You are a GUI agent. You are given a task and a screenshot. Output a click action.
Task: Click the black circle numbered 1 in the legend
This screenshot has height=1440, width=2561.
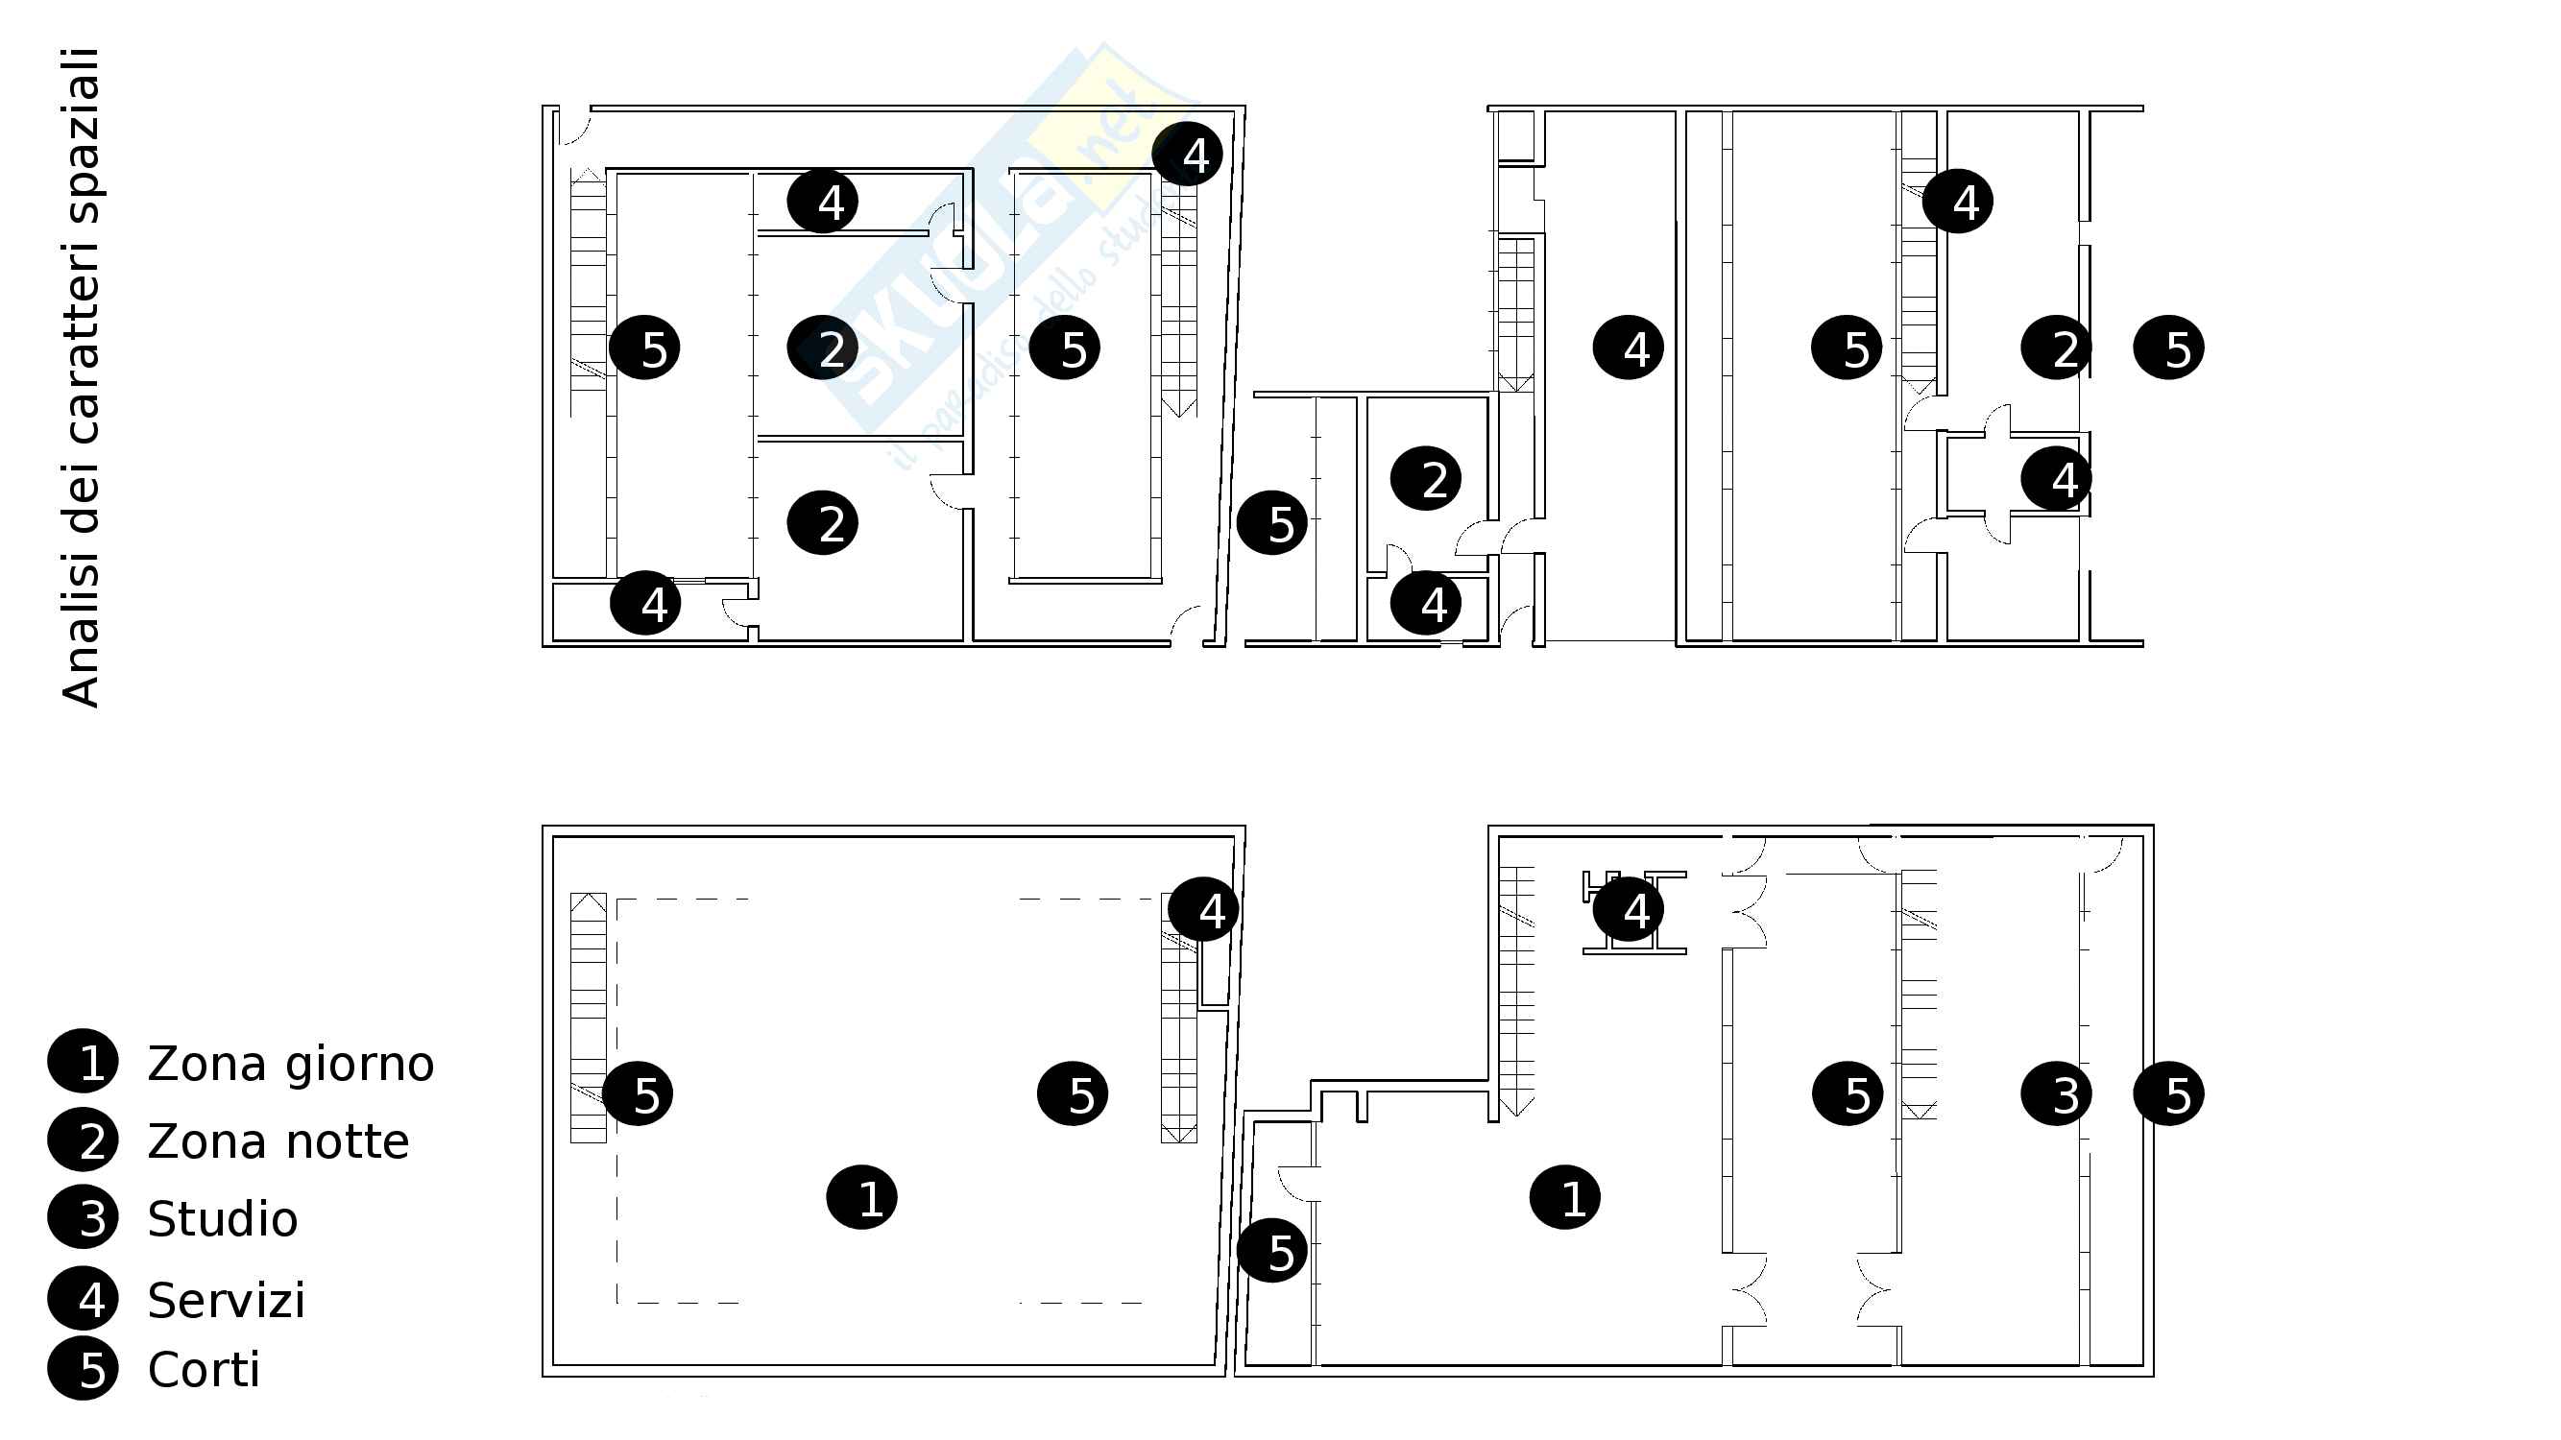(83, 1061)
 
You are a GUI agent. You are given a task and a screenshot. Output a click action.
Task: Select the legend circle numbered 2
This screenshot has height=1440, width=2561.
(83, 1139)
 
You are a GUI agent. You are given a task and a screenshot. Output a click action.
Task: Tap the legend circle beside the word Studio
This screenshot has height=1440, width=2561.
(83, 1217)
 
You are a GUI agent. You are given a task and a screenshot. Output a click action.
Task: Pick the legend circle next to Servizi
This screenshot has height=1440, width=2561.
(83, 1299)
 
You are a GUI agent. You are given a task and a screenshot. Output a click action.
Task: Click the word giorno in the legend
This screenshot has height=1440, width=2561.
(360, 1066)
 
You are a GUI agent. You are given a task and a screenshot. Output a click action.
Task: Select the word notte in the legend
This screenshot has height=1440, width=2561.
(347, 1141)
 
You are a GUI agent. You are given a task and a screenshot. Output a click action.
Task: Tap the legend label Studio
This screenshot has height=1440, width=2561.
(223, 1218)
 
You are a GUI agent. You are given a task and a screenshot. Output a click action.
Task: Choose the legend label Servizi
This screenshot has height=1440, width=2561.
(227, 1299)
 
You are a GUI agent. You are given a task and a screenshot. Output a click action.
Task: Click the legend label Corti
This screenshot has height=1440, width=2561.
(204, 1370)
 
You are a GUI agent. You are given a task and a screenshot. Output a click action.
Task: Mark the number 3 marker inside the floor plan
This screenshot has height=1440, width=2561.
(2057, 1093)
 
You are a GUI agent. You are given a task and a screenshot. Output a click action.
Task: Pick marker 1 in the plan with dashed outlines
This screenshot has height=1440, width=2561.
(862, 1196)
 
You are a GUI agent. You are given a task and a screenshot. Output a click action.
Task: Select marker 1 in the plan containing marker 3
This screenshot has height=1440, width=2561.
(1565, 1196)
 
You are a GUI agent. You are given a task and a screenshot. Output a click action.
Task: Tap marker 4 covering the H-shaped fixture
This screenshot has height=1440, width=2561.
(1629, 908)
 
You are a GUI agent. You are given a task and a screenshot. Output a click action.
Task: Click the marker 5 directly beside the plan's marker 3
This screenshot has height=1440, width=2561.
(2169, 1093)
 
